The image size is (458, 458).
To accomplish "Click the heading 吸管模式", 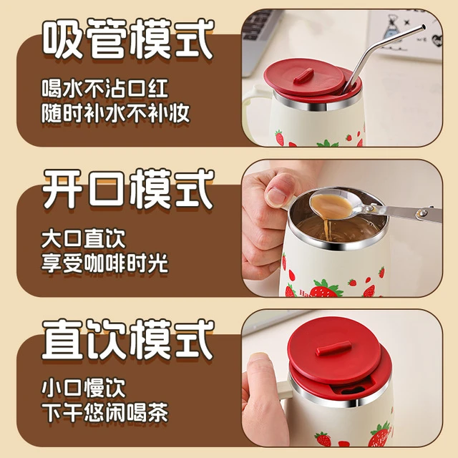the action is tap(128, 39).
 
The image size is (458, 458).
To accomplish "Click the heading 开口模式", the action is tap(128, 188).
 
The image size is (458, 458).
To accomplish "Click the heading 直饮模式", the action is tap(128, 339).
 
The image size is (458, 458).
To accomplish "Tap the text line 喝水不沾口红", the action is tap(105, 88).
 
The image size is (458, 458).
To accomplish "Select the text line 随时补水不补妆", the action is tap(116, 113).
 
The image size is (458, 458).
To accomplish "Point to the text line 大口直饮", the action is tap(84, 239).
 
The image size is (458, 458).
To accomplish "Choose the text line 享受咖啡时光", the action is tap(105, 263).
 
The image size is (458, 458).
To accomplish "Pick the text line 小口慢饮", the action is tap(84, 389).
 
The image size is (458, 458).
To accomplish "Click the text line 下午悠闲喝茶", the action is tap(105, 413).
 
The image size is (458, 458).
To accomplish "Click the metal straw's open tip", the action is tap(423, 27).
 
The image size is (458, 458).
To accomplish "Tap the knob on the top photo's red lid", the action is tap(303, 76).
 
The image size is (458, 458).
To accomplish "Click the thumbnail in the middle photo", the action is tap(276, 193).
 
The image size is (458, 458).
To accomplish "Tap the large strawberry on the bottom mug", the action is tap(379, 434).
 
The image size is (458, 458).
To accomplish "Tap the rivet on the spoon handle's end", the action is tap(422, 213).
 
